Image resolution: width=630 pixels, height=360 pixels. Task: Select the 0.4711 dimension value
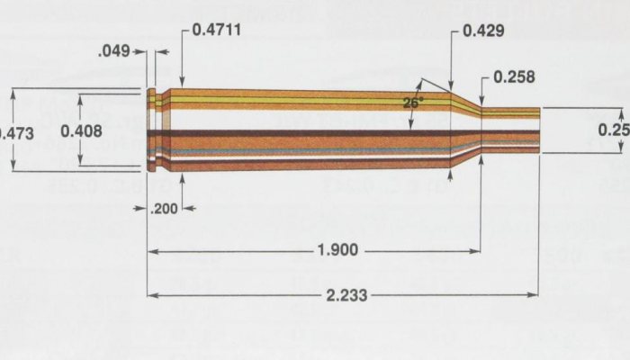(215, 30)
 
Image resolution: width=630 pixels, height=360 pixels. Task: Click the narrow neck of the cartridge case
(510, 131)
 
